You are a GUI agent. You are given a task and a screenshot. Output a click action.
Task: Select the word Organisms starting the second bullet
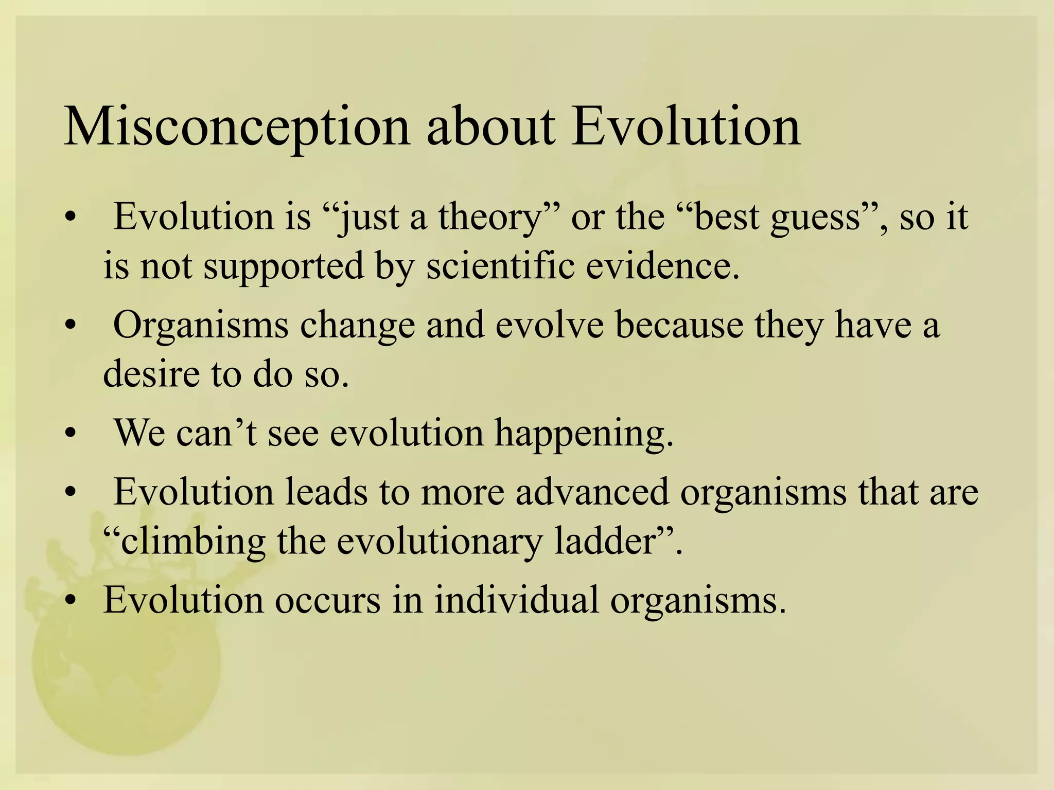pyautogui.click(x=200, y=326)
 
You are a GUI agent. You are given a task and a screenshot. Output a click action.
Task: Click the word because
pyautogui.click(x=679, y=325)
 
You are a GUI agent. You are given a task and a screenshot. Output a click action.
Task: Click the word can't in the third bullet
pyautogui.click(x=216, y=433)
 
